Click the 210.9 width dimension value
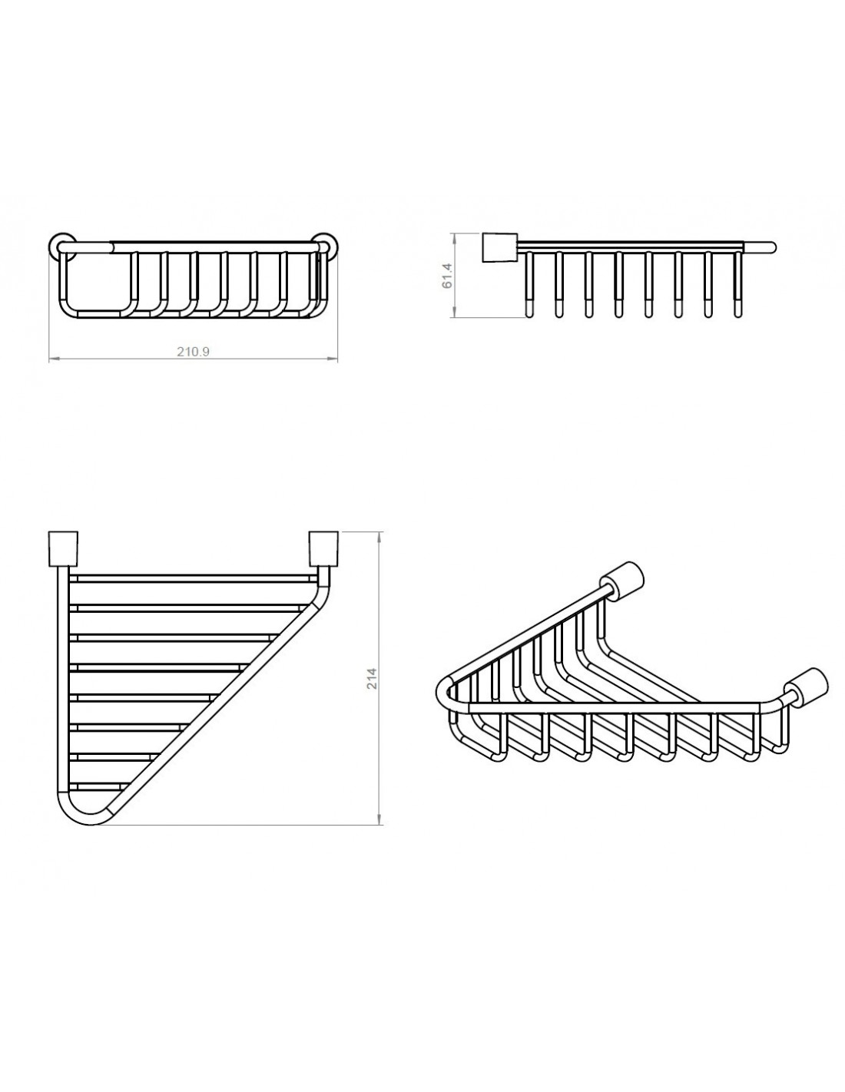[193, 352]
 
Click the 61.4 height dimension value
[447, 276]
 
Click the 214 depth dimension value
[371, 677]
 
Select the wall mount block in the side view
[499, 247]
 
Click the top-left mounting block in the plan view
[63, 549]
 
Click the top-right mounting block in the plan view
[323, 549]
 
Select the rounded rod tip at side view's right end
[770, 247]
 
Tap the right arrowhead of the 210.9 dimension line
[333, 359]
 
